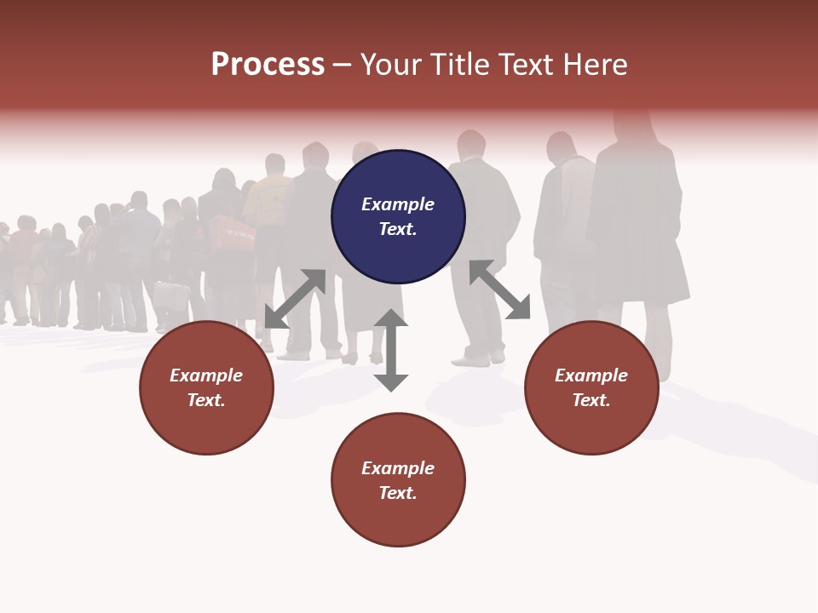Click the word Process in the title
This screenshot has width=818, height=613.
point(268,65)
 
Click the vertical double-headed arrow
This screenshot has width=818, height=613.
point(391,350)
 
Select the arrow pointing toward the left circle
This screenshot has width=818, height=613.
point(295,299)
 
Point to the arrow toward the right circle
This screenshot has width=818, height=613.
point(500,289)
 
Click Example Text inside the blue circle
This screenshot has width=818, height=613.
point(398,216)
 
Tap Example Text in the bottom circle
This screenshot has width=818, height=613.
point(398,480)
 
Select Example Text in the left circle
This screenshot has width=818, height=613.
point(206,387)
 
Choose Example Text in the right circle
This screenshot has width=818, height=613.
point(591,387)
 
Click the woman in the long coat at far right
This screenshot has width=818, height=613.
point(639,230)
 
